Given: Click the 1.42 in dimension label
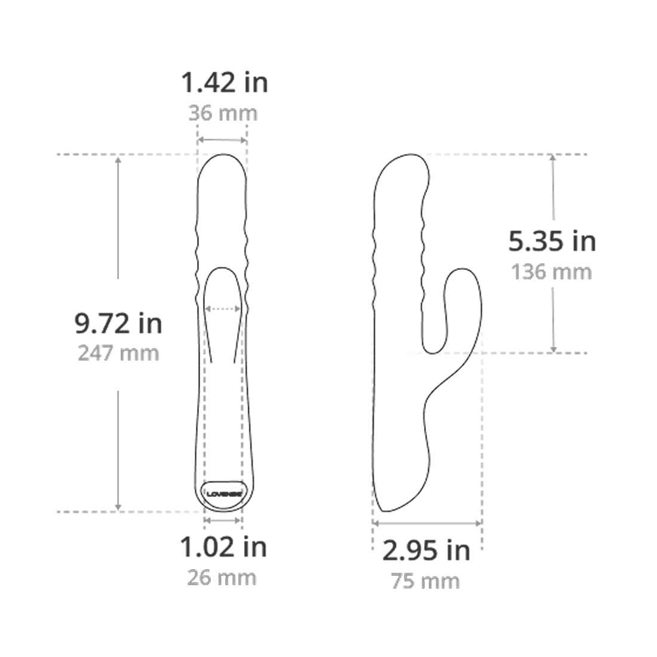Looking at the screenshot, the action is pos(224,82).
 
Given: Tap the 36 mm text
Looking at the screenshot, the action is pos(223,113).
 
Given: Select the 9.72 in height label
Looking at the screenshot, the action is pos(118,324).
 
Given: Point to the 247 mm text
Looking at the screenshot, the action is pos(119,353).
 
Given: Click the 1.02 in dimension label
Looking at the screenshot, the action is pos(223,547).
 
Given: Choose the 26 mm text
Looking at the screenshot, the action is pos(222,578).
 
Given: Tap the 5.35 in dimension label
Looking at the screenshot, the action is pos(552,241).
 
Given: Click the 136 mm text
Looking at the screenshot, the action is pos(551,272).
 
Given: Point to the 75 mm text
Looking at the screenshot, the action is pos(425,581).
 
